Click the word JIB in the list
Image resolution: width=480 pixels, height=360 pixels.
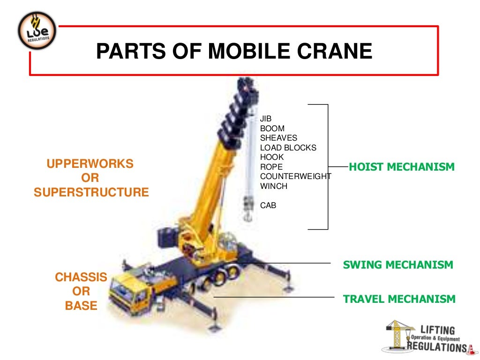(266, 119)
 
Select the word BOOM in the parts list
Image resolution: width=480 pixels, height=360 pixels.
(272, 128)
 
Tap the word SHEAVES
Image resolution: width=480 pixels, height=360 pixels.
(279, 138)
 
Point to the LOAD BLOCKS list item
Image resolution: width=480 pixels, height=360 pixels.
(288, 148)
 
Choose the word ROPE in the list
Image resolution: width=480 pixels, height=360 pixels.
(271, 167)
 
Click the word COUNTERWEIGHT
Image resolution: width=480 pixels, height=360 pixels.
(296, 176)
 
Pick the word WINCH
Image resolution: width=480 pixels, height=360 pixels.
(274, 186)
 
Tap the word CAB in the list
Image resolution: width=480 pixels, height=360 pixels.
(268, 205)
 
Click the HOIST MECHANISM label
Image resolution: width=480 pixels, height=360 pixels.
(402, 167)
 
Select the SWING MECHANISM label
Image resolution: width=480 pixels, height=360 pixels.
(398, 265)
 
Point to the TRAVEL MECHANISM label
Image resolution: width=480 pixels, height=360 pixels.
(399, 299)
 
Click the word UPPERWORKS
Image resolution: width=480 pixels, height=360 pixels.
(90, 164)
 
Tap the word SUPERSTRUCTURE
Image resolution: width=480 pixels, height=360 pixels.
(91, 192)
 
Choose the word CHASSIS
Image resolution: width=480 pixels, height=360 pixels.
(81, 277)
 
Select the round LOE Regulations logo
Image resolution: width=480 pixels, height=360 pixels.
(37, 31)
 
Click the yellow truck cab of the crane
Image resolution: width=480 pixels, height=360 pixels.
(127, 291)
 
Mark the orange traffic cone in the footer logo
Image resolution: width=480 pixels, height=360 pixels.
(470, 348)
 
